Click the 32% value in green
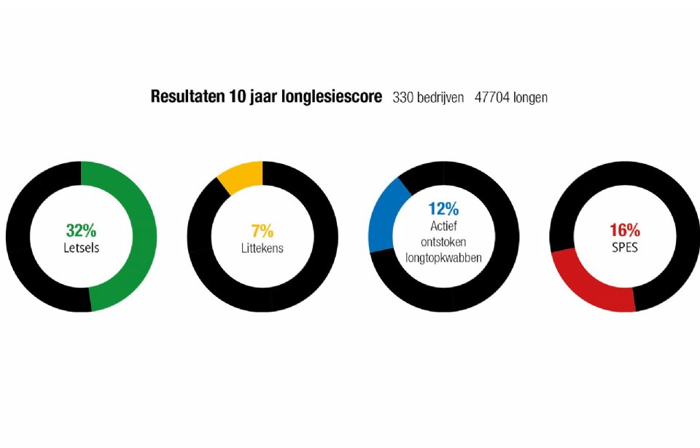pos(81,231)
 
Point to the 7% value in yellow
pos(262,232)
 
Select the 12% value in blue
pos(443,208)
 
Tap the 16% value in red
pos(624,231)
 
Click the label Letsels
pos(81,248)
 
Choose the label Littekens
pos(262,248)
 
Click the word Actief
pos(443,225)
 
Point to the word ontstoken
pos(443,241)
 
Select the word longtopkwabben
pos(443,257)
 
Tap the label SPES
pos(624,248)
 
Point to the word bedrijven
pos(440,97)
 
